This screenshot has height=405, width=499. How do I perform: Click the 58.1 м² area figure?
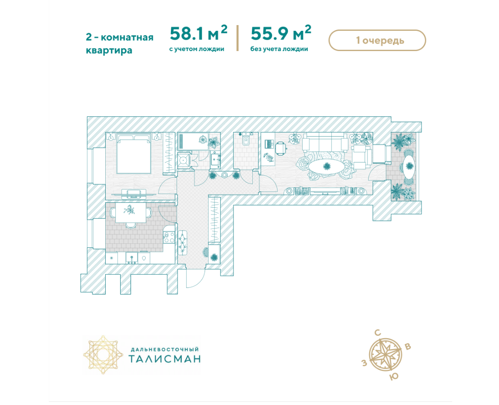(x=199, y=33)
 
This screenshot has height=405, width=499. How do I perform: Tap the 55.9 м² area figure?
(x=281, y=33)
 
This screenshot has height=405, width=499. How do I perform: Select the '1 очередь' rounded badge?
(x=377, y=40)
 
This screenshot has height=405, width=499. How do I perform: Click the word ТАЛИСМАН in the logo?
(x=165, y=358)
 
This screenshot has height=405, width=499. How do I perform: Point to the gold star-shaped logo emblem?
(x=103, y=354)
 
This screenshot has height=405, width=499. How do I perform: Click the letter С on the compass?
(x=377, y=333)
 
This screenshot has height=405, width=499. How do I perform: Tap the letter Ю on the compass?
(x=394, y=377)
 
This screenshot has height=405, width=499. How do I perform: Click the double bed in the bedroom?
(x=133, y=153)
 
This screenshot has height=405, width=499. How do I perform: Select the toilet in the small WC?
(x=246, y=139)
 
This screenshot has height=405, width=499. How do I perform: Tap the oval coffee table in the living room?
(x=326, y=166)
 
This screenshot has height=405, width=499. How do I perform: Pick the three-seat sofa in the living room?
(x=325, y=142)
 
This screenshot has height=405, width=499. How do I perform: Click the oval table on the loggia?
(x=409, y=166)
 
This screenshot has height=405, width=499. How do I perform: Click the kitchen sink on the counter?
(x=131, y=258)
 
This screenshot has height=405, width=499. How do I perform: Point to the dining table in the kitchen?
(x=131, y=213)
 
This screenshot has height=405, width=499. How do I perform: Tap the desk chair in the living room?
(x=281, y=148)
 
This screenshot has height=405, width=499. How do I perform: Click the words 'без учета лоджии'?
(x=279, y=49)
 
